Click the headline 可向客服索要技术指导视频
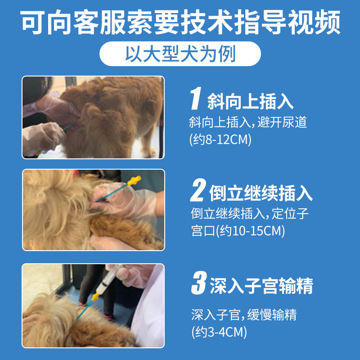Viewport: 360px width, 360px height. point(180,22)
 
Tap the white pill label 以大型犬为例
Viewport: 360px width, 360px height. point(180,54)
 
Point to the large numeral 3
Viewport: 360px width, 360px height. point(198,284)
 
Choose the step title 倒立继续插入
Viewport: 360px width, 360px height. point(261,193)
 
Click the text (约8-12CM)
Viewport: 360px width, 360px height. point(220,139)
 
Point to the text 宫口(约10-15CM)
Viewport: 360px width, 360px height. point(238,231)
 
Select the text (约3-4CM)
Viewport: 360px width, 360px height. point(219,332)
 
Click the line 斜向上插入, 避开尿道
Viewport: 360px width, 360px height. point(248,122)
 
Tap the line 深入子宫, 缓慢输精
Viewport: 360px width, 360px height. point(243,315)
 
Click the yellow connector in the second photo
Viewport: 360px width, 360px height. point(134,181)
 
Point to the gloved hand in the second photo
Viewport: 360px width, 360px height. point(135,202)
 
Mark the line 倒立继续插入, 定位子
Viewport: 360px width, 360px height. point(250,213)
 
